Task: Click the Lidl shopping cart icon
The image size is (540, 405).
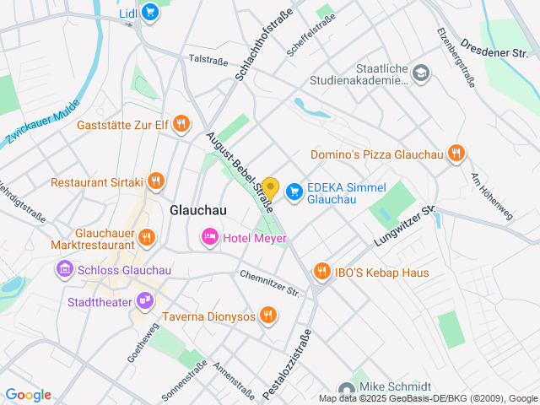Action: tap(150, 12)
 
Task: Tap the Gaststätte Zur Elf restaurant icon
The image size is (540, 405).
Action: tap(181, 126)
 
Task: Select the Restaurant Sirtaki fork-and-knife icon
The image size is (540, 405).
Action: tap(155, 181)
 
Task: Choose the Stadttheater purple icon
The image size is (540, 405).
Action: tap(145, 300)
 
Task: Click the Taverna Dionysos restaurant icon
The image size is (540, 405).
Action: tap(268, 316)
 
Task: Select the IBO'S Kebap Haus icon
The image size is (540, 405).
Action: tap(321, 272)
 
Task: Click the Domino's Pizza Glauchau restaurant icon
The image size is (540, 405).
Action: tap(456, 154)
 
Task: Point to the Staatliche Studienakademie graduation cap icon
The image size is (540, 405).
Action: tap(421, 75)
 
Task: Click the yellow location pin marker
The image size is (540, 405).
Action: tap(270, 186)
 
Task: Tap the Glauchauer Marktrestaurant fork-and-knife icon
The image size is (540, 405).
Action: tap(147, 237)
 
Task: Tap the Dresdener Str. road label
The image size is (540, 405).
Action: tap(494, 47)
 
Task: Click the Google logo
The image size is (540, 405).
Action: tap(28, 395)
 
